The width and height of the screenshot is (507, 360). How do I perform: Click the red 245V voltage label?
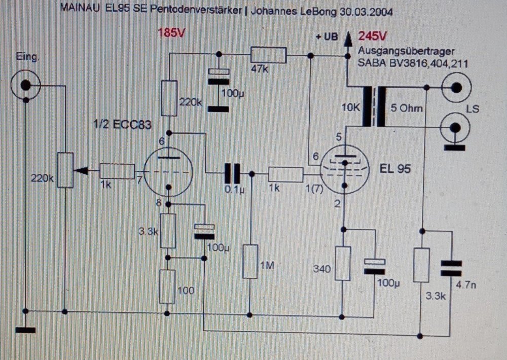(x=373, y=37)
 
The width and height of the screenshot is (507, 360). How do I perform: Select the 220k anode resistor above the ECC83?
(x=169, y=97)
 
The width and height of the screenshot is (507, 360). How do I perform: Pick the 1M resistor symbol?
(x=250, y=261)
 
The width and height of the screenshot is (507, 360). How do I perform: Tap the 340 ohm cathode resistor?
(x=343, y=264)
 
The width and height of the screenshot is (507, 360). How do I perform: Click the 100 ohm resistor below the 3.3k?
(x=167, y=286)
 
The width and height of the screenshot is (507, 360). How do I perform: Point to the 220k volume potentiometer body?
(x=65, y=170)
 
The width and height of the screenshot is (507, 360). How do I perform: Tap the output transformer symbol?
(x=373, y=107)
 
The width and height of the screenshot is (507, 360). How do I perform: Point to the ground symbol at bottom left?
(x=25, y=331)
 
